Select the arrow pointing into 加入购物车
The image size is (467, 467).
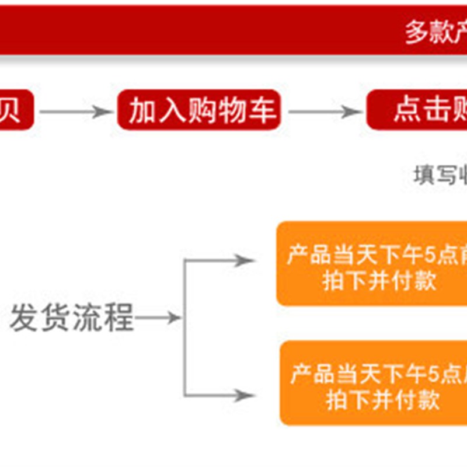76,111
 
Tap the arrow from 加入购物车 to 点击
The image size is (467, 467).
325,111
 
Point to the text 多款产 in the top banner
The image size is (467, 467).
435,32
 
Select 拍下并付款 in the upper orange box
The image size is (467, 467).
379,281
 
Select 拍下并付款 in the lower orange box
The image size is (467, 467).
382,401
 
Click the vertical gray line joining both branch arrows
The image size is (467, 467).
184,327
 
